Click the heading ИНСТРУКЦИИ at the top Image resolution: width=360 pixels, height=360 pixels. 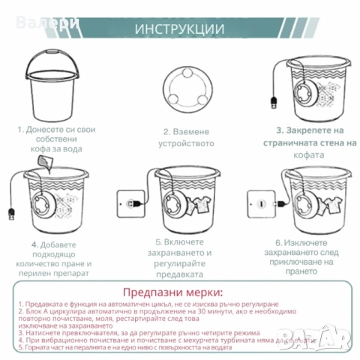click(x=180, y=29)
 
